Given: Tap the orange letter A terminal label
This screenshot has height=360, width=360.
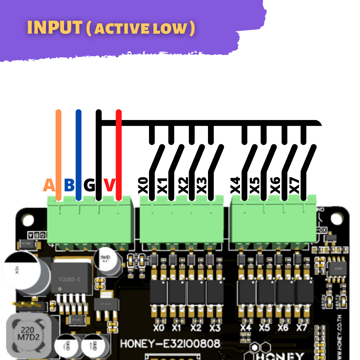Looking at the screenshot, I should click(49, 186).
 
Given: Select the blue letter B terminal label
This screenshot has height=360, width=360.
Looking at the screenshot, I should click(69, 186).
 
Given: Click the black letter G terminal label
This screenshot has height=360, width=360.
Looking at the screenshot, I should click(89, 186).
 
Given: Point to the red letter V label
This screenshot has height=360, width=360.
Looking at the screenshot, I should click(109, 186).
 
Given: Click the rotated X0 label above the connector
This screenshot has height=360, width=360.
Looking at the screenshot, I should click(143, 186).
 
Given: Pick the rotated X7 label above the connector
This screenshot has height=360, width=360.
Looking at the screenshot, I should click(295, 186).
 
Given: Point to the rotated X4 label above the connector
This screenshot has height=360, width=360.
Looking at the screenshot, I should click(236, 186).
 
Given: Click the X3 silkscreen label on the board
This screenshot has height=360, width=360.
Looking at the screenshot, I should click(215, 328).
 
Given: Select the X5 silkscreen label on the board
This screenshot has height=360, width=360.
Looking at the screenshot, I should click(264, 328).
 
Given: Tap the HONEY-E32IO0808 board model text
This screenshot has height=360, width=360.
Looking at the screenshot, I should click(170, 344).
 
